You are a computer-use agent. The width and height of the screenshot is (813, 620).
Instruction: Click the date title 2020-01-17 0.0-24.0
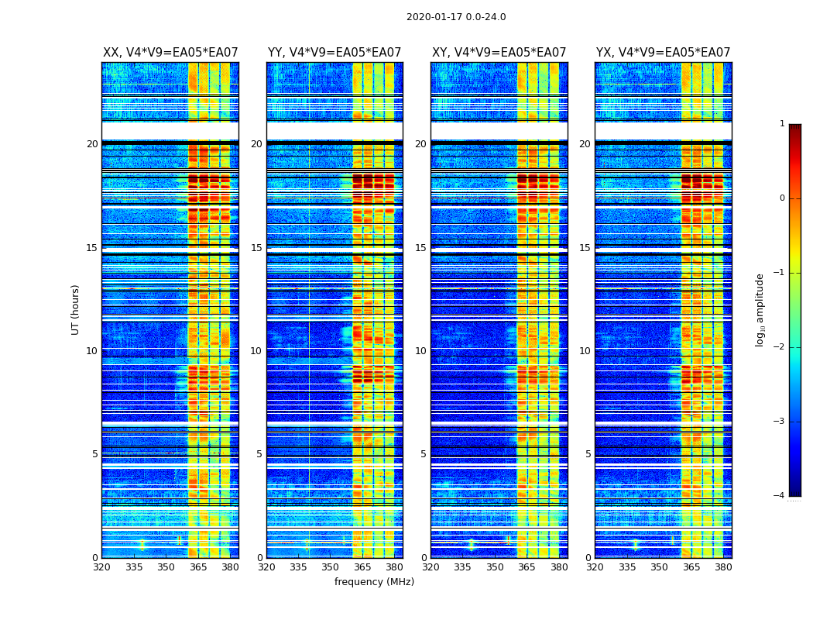click(x=456, y=17)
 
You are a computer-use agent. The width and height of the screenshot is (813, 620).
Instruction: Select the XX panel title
click(x=170, y=53)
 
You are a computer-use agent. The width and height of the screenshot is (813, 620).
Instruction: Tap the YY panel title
click(x=334, y=53)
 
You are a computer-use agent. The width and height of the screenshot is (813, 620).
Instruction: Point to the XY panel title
click(x=499, y=53)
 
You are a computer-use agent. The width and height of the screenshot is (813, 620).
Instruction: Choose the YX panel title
click(x=663, y=53)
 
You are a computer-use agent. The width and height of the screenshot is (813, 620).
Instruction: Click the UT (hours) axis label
click(x=76, y=309)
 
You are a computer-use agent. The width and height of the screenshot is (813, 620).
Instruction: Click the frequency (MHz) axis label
click(x=374, y=582)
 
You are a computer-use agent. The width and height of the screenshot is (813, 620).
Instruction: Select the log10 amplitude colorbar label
click(x=760, y=309)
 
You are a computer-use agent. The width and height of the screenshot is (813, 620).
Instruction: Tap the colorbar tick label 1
click(x=781, y=124)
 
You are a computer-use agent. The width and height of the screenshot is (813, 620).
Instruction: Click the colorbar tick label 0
click(x=781, y=198)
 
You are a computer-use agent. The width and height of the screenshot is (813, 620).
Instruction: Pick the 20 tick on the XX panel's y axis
click(x=92, y=144)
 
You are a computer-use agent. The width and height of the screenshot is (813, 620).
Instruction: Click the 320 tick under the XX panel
click(x=101, y=567)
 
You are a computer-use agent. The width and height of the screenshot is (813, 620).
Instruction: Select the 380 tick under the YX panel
click(x=723, y=567)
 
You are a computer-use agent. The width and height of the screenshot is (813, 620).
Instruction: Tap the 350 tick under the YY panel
click(x=331, y=567)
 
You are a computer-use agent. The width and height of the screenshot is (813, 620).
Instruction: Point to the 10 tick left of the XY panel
click(x=420, y=351)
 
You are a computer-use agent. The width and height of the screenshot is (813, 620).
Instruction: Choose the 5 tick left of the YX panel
click(x=588, y=454)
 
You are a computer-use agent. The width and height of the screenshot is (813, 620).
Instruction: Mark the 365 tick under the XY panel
click(x=527, y=567)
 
